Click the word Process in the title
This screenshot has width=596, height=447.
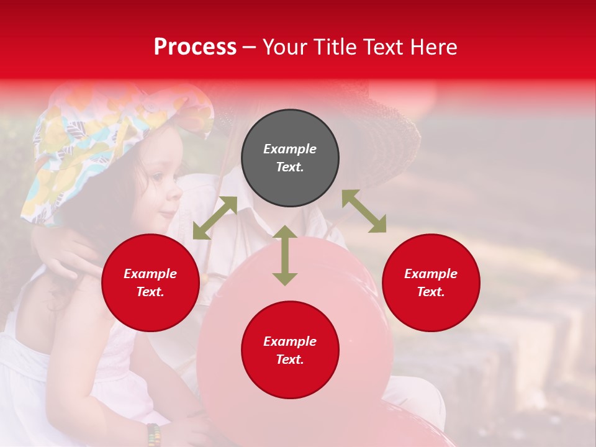[x=195, y=47]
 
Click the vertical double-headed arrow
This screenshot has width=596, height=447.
[x=285, y=255]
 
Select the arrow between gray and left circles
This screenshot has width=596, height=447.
[x=215, y=218]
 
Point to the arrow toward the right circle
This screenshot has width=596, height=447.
[x=364, y=212]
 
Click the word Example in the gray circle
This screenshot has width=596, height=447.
[x=290, y=149]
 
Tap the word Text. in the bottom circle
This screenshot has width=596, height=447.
[x=290, y=359]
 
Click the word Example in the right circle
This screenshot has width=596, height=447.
[x=431, y=274]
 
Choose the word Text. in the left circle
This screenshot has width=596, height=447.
[x=150, y=292]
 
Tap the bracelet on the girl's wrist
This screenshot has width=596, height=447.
[x=153, y=434]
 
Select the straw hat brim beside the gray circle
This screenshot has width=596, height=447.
[x=385, y=143]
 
